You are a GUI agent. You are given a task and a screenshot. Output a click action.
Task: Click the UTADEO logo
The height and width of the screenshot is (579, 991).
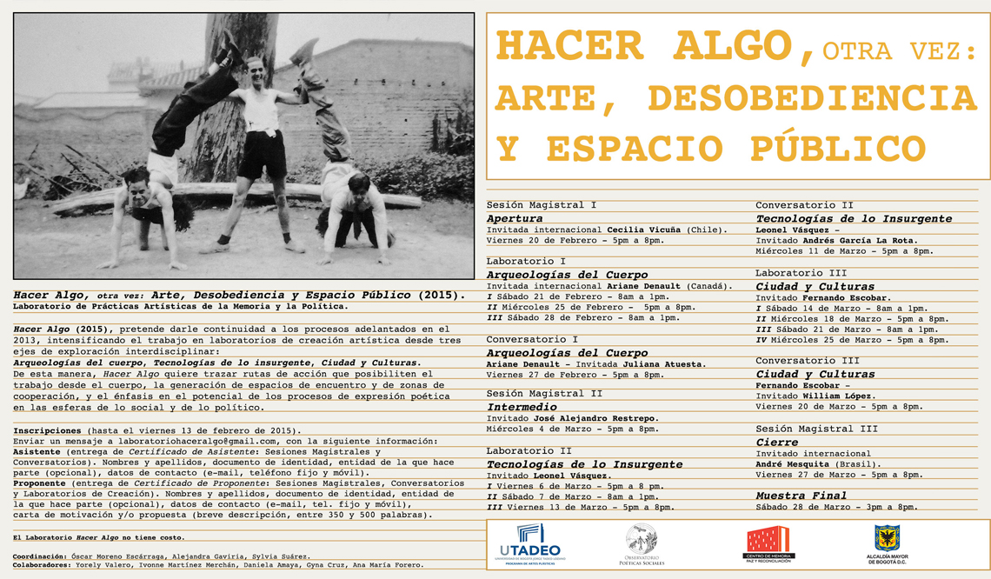(530, 544)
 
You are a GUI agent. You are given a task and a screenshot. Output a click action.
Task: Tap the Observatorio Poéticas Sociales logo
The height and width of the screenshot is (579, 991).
(641, 544)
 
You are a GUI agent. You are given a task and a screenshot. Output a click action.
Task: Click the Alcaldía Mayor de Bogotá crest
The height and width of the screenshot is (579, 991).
(887, 544)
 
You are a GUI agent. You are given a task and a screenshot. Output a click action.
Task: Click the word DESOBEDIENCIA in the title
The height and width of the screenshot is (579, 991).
(812, 97)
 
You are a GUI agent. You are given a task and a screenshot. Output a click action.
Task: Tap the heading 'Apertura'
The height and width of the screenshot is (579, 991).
(515, 218)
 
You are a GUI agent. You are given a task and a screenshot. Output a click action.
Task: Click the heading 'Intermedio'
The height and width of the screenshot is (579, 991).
(522, 406)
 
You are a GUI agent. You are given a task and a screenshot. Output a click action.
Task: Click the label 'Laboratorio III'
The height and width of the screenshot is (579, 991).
(795, 273)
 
